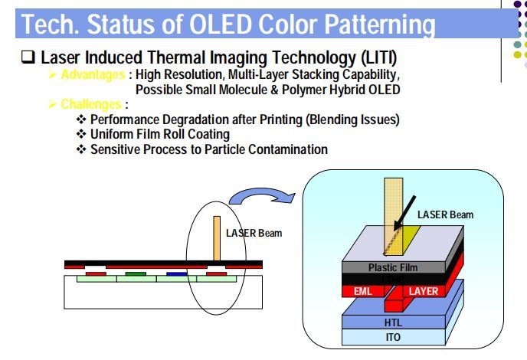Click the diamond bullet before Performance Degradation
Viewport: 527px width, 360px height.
pos(81,120)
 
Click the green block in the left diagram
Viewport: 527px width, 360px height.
pos(136,272)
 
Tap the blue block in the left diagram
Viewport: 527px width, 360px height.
pos(176,272)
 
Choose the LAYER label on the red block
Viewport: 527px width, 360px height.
pos(424,292)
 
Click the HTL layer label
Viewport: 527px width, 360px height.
pos(391,323)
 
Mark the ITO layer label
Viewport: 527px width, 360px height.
pos(391,337)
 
